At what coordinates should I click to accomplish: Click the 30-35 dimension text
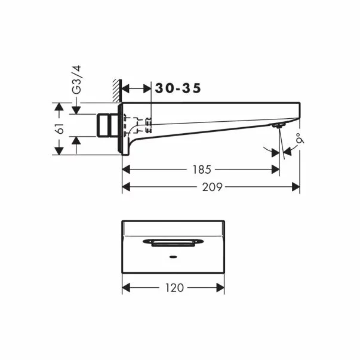tap(178, 88)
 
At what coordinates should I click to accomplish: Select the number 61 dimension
tap(59, 128)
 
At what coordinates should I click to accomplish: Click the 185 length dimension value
tap(201, 170)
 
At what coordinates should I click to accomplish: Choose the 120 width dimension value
tap(174, 288)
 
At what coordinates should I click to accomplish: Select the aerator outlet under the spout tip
tap(277, 126)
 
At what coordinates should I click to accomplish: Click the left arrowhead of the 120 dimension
tap(125, 288)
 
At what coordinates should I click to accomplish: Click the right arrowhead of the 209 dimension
tap(296, 187)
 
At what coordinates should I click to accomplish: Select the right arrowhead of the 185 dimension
tap(276, 170)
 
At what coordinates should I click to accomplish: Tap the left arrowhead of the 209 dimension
tap(125, 187)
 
